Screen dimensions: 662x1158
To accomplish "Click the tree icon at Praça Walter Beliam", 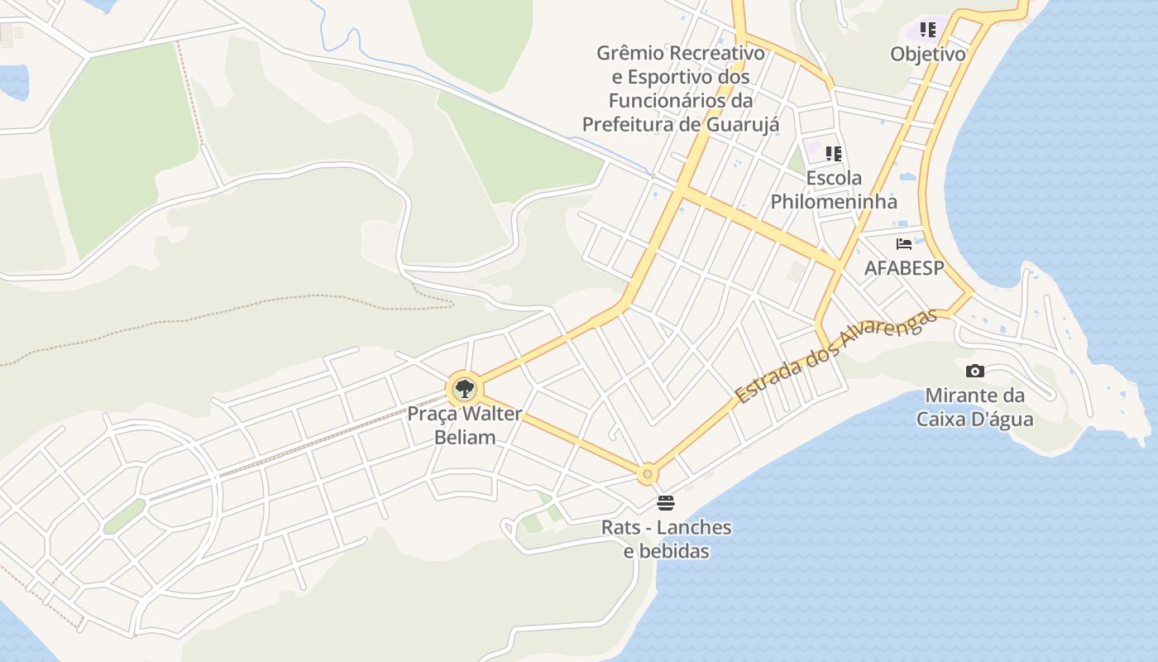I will [464, 388].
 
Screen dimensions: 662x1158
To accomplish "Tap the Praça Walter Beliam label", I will [465, 425].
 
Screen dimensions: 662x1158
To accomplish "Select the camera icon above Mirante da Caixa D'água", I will [975, 371].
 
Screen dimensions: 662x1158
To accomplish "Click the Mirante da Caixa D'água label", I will [974, 407].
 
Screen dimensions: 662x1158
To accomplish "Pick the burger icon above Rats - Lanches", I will [666, 502].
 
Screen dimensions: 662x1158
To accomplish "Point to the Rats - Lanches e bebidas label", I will [666, 539].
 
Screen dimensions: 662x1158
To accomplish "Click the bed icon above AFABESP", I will [904, 244].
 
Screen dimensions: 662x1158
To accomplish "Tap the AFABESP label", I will [904, 268].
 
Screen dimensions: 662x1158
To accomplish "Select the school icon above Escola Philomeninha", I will [834, 153].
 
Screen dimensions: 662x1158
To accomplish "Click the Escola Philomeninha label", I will [834, 189].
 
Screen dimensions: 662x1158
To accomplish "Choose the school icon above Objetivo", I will [928, 30].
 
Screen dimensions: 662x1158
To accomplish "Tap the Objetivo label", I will [928, 55].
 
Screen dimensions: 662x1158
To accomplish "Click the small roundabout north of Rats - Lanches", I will [648, 474].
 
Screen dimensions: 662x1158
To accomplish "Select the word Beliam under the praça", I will [465, 437].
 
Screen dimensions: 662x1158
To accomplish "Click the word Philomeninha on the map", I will [834, 202].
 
